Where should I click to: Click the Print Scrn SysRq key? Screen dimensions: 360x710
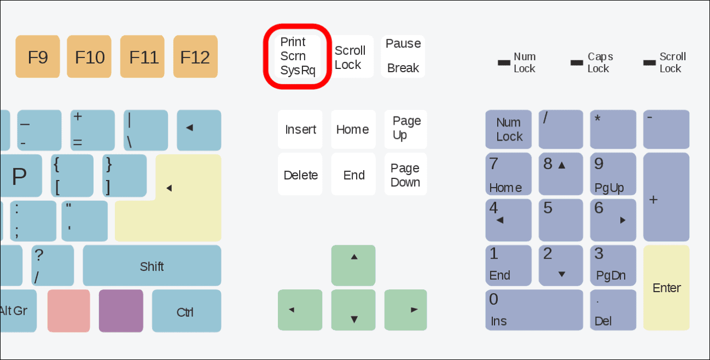(298, 56)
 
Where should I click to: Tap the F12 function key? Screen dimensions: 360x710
(195, 57)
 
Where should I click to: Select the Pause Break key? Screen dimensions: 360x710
(403, 56)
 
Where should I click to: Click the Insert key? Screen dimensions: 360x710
(300, 130)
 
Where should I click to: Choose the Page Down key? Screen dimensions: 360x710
(405, 175)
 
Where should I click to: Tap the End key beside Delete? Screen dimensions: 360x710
(353, 175)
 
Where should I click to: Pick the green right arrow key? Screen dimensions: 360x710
(405, 310)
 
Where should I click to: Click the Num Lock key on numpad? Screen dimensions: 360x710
(509, 130)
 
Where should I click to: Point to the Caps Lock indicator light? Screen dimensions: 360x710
(577, 63)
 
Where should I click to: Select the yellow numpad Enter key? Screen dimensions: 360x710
(666, 288)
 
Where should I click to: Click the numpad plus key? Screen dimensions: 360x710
(666, 198)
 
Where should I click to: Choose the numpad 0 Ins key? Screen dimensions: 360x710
(534, 310)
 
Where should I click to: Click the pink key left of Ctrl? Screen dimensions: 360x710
(69, 311)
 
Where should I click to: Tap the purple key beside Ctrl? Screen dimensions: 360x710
(121, 311)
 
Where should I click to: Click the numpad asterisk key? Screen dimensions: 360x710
(613, 130)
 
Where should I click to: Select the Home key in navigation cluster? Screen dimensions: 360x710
(353, 130)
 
